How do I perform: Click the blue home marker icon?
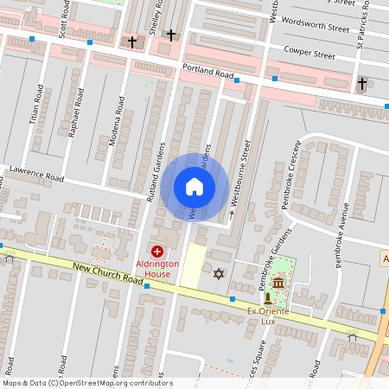pyautogui.click(x=194, y=187)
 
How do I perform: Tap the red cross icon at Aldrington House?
pyautogui.click(x=156, y=250)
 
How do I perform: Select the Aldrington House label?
pyautogui.click(x=156, y=267)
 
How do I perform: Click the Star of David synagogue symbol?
pyautogui.click(x=218, y=274)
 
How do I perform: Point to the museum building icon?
pyautogui.click(x=278, y=284)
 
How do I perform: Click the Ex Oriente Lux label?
pyautogui.click(x=273, y=316)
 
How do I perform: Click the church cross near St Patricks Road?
pyautogui.click(x=361, y=84)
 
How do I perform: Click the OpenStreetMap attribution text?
pyautogui.click(x=86, y=383)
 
